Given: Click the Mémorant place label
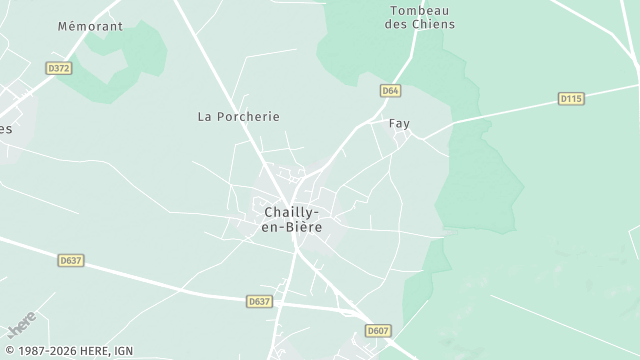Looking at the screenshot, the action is (90, 26).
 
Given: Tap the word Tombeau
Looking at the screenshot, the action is (419, 10).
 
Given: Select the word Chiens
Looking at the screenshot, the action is (433, 24).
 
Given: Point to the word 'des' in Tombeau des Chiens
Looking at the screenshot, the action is (396, 24).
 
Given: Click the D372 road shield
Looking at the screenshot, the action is (59, 68).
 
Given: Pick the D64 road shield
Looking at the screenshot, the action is (390, 91).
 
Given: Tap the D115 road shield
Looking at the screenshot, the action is (570, 98).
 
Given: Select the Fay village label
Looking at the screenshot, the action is (399, 124).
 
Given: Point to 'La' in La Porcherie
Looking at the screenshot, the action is (205, 116).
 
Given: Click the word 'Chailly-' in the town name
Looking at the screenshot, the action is (292, 212).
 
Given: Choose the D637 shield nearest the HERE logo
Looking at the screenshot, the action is (71, 260).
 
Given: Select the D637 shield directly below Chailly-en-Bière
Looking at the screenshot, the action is (259, 301).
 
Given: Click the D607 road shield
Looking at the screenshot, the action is (377, 330).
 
